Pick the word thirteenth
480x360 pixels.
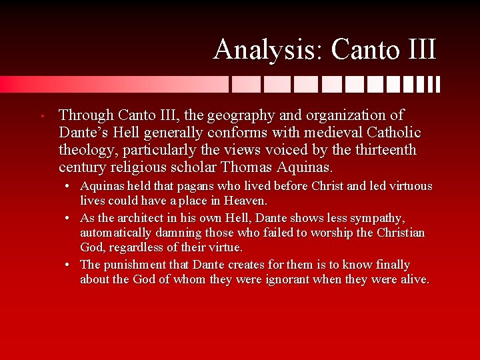point(385,150)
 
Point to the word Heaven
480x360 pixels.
point(247,201)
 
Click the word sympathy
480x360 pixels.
point(377,219)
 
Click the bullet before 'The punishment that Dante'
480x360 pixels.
point(69,265)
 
